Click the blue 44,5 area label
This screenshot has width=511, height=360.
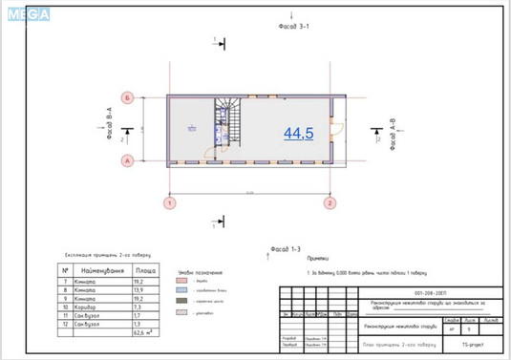(298, 134)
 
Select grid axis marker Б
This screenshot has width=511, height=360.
(126, 97)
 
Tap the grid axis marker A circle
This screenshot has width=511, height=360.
(126, 161)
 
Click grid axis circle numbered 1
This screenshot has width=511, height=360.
(170, 202)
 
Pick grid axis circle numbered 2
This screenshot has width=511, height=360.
(329, 202)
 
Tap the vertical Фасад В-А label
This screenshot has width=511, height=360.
(110, 124)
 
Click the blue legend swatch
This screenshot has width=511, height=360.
(181, 291)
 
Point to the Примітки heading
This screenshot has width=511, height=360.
(318, 258)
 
